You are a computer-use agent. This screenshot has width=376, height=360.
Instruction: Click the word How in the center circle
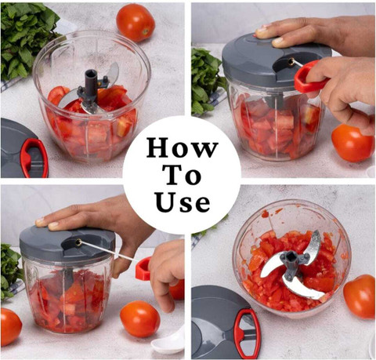pyautogui.click(x=182, y=147)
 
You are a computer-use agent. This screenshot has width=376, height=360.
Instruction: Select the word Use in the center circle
pyautogui.click(x=183, y=202)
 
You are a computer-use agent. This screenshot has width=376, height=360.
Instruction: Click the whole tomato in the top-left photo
pyautogui.click(x=136, y=23)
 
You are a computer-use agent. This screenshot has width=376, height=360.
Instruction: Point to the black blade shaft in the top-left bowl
pyautogui.click(x=91, y=84)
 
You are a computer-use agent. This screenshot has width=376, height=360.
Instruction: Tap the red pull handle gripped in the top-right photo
pyautogui.click(x=308, y=78)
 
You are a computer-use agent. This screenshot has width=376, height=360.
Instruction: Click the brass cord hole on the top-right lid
pyautogui.click(x=291, y=62)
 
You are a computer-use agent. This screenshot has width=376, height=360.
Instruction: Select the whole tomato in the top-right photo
pyautogui.click(x=352, y=144)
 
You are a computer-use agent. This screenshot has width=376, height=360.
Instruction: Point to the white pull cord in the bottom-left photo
pyautogui.click(x=109, y=251)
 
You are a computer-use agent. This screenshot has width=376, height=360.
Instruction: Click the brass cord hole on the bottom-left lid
pyautogui.click(x=78, y=242)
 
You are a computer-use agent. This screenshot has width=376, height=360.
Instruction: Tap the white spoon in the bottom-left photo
pyautogui.click(x=169, y=341)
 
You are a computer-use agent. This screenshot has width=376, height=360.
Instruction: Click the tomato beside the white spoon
pyautogui.click(x=140, y=318)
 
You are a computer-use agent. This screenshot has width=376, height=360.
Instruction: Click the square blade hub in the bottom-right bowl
pyautogui.click(x=290, y=257)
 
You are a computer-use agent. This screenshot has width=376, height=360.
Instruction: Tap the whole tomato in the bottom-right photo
pyautogui.click(x=359, y=296)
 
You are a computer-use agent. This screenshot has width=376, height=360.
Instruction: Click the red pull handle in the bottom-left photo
pyautogui.click(x=143, y=268)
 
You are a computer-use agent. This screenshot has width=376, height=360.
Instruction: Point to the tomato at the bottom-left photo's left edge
pyautogui.click(x=10, y=327)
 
